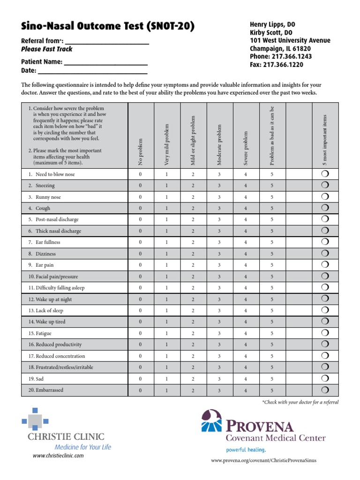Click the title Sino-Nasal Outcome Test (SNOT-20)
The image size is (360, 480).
coord(107,27)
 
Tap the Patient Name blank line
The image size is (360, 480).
coord(105,62)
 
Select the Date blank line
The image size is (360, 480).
coord(92,71)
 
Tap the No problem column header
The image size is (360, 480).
coord(140,151)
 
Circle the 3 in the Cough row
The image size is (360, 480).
coord(219,209)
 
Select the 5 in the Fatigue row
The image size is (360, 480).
coord(272,333)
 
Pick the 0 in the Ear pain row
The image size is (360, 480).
coord(140,265)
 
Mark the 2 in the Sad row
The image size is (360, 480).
coord(193,379)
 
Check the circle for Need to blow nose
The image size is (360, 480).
coord(325,174)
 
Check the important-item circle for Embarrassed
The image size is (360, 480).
coord(325,390)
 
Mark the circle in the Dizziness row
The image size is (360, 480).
coord(325,254)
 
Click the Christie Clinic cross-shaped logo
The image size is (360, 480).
coord(32,418)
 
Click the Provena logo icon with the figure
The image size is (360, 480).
coord(211,420)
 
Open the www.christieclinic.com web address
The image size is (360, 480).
coord(58,455)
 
